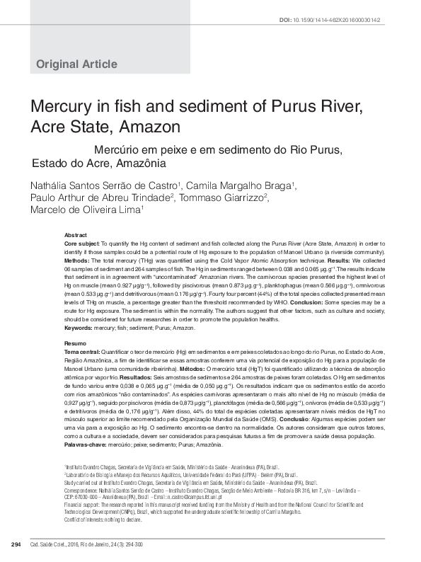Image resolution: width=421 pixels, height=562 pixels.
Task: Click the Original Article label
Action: [76, 64]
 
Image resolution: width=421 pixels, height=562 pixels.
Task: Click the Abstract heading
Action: [75, 234]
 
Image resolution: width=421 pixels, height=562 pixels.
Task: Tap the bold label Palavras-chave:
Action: [86, 445]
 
